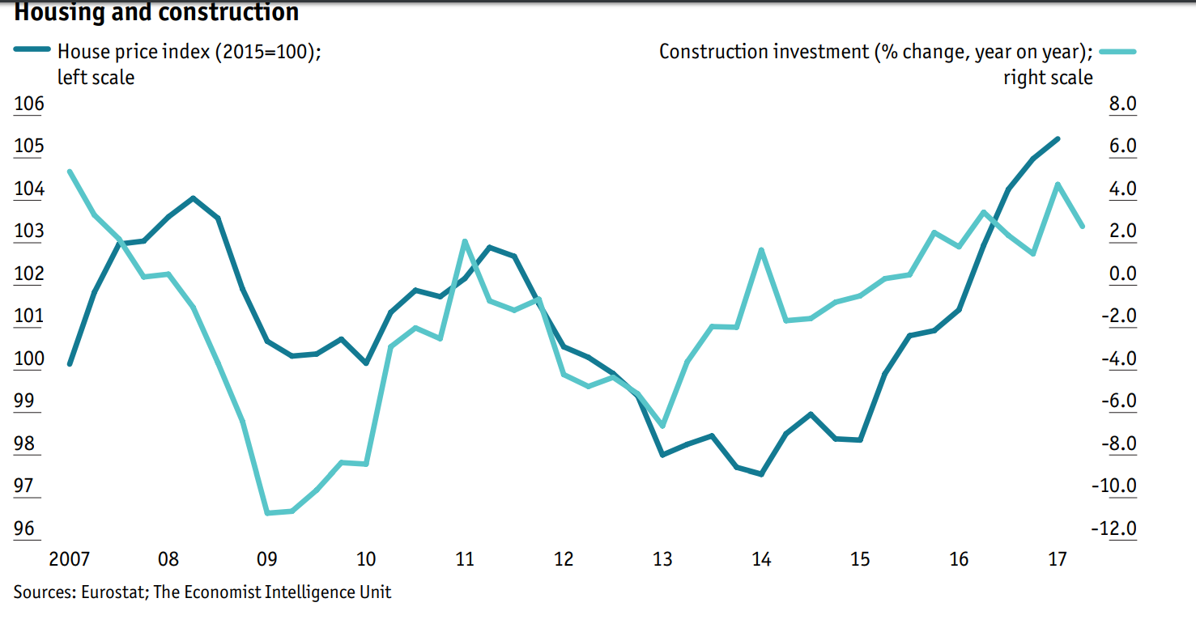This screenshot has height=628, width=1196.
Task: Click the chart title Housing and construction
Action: click(156, 12)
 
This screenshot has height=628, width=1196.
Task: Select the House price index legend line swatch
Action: click(32, 51)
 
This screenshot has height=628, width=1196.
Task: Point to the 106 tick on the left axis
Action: click(28, 104)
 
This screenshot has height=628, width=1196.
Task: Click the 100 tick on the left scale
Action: click(28, 359)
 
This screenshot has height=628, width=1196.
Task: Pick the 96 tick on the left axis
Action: click(24, 528)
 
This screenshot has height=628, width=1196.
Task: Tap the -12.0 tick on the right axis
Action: click(1114, 528)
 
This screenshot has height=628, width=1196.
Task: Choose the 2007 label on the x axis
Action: click(69, 559)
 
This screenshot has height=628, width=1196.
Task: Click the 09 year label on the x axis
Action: click(267, 559)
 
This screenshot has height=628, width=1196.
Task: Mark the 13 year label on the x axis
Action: click(663, 559)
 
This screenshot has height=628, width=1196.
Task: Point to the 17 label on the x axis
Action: click(1058, 559)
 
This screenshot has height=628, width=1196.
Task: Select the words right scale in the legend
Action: click(1048, 78)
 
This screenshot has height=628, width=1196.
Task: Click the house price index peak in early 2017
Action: click(1057, 139)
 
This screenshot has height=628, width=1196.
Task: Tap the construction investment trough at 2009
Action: click(267, 513)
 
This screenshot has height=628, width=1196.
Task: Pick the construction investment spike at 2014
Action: click(761, 250)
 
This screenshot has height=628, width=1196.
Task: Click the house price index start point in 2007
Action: click(70, 363)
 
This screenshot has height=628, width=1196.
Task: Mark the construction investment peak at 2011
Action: click(465, 241)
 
